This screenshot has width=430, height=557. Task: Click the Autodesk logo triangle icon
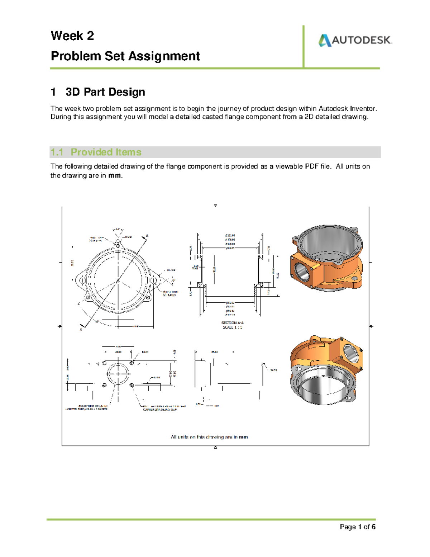tap(325, 41)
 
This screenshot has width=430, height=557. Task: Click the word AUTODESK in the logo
tap(362, 40)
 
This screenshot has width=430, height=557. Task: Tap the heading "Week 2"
tap(72, 36)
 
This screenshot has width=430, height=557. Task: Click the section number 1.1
tap(57, 152)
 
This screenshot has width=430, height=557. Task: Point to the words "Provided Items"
tap(106, 152)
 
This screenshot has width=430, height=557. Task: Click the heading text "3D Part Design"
tap(105, 92)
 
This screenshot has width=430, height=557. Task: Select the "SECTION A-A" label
tap(232, 323)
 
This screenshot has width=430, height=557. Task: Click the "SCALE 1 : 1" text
tap(232, 327)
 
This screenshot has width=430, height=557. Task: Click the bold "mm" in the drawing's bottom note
tap(243, 437)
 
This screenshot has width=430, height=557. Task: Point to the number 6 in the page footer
tap(373, 527)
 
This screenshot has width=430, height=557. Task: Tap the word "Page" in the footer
tap(348, 527)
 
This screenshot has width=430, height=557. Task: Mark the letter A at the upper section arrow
tap(147, 236)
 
